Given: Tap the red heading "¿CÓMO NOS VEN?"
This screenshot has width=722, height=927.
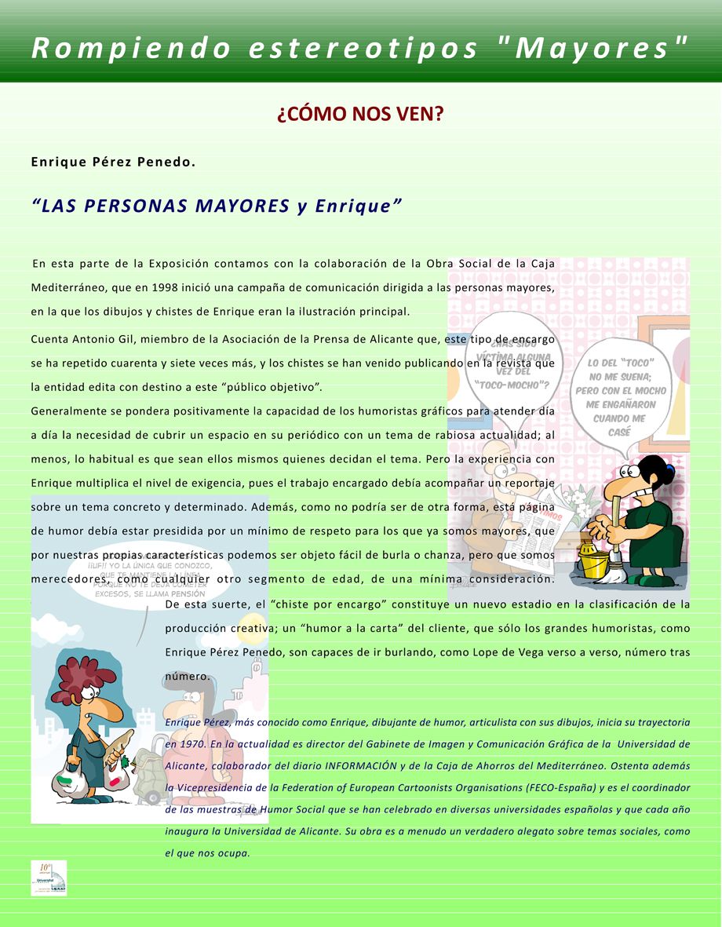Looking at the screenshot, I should coord(360,115).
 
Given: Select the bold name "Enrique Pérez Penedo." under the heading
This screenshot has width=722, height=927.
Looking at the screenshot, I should coord(112,162).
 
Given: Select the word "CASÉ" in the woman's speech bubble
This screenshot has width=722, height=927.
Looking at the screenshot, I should coord(619,432).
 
